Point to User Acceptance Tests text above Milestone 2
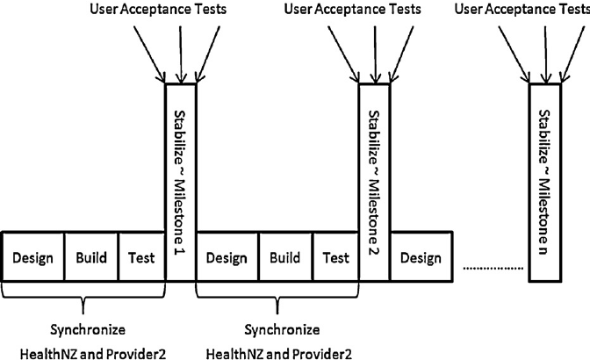[353, 10]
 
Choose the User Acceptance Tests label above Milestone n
[523, 10]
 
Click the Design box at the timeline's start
[33, 258]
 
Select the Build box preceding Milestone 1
[90, 258]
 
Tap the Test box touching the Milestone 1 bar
[140, 258]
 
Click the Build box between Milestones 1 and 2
[285, 258]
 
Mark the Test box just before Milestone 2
[335, 258]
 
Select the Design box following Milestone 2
[421, 258]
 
